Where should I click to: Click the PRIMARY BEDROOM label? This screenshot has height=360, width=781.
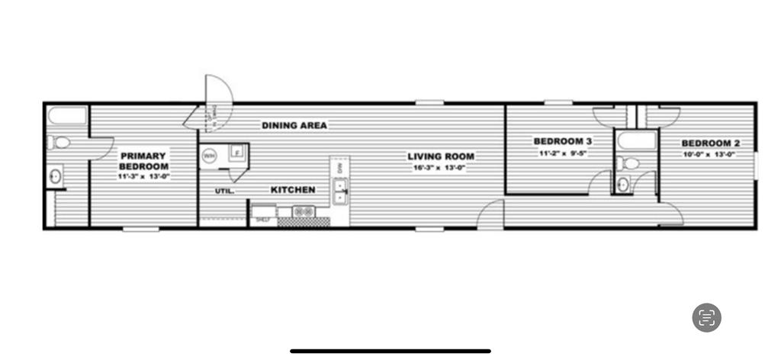point(143,161)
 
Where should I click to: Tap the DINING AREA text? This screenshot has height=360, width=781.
point(294,125)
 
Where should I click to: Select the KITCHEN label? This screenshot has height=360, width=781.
point(293,189)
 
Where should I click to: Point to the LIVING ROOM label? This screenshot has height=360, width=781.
point(440,156)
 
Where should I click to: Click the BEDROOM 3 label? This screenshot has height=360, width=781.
point(563,141)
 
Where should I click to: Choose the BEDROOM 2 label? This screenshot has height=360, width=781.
point(711,143)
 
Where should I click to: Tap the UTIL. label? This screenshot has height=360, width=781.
point(224,191)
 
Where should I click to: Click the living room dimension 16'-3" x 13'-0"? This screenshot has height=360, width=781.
point(439,167)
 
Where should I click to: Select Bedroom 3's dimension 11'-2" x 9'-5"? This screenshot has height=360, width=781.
point(563,153)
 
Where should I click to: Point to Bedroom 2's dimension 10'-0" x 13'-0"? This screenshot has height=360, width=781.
point(709,154)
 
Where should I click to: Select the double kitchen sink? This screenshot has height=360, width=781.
point(339,191)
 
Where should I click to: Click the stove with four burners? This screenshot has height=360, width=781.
point(304,211)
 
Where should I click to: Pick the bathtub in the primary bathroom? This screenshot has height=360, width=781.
point(67,116)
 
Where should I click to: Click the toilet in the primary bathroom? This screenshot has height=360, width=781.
point(59,143)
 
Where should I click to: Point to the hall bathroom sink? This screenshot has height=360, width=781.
point(623,184)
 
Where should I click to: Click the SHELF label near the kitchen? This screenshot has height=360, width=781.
point(264,220)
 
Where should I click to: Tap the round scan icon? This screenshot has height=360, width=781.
point(706,317)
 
